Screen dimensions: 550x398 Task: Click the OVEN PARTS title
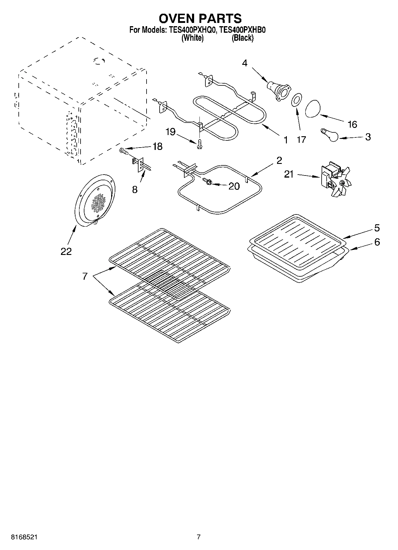pos(200,18)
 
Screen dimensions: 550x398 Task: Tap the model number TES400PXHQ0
pos(192,30)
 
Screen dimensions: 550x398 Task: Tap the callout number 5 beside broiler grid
pos(377,228)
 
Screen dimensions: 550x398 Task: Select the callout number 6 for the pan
pos(377,242)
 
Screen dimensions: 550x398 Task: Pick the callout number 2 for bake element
pos(279,160)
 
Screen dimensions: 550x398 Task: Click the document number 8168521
pos(24,537)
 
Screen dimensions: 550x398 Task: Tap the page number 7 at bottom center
pos(199,537)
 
